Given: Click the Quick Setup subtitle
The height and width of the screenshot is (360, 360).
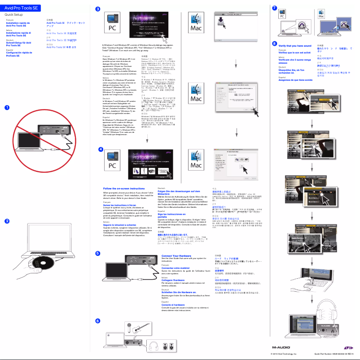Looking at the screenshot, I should coord(14,15).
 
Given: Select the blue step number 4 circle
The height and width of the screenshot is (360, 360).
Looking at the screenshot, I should coord(98,148).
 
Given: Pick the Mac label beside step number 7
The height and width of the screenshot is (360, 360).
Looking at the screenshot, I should coord(321,15).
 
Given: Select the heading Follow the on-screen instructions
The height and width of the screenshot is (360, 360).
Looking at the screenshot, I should coord(124,189).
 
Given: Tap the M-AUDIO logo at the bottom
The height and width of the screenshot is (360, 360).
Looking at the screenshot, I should coord(282,347).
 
